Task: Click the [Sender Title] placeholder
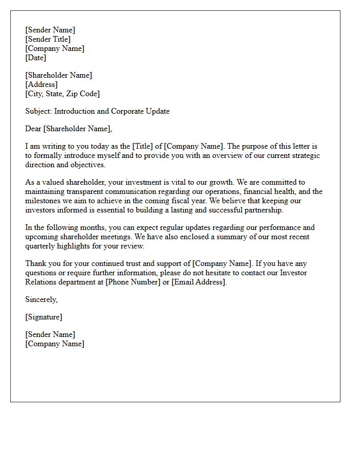[x=48, y=39]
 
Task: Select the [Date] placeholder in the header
[x=35, y=58]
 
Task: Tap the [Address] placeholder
[x=41, y=84]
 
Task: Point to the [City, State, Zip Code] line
[x=62, y=94]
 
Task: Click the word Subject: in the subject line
[x=39, y=111]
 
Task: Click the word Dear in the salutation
[x=33, y=129]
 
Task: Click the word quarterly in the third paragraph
[x=42, y=246]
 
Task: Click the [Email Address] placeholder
[x=198, y=282]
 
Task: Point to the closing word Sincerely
[x=41, y=299]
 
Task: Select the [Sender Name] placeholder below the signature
[x=50, y=334]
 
